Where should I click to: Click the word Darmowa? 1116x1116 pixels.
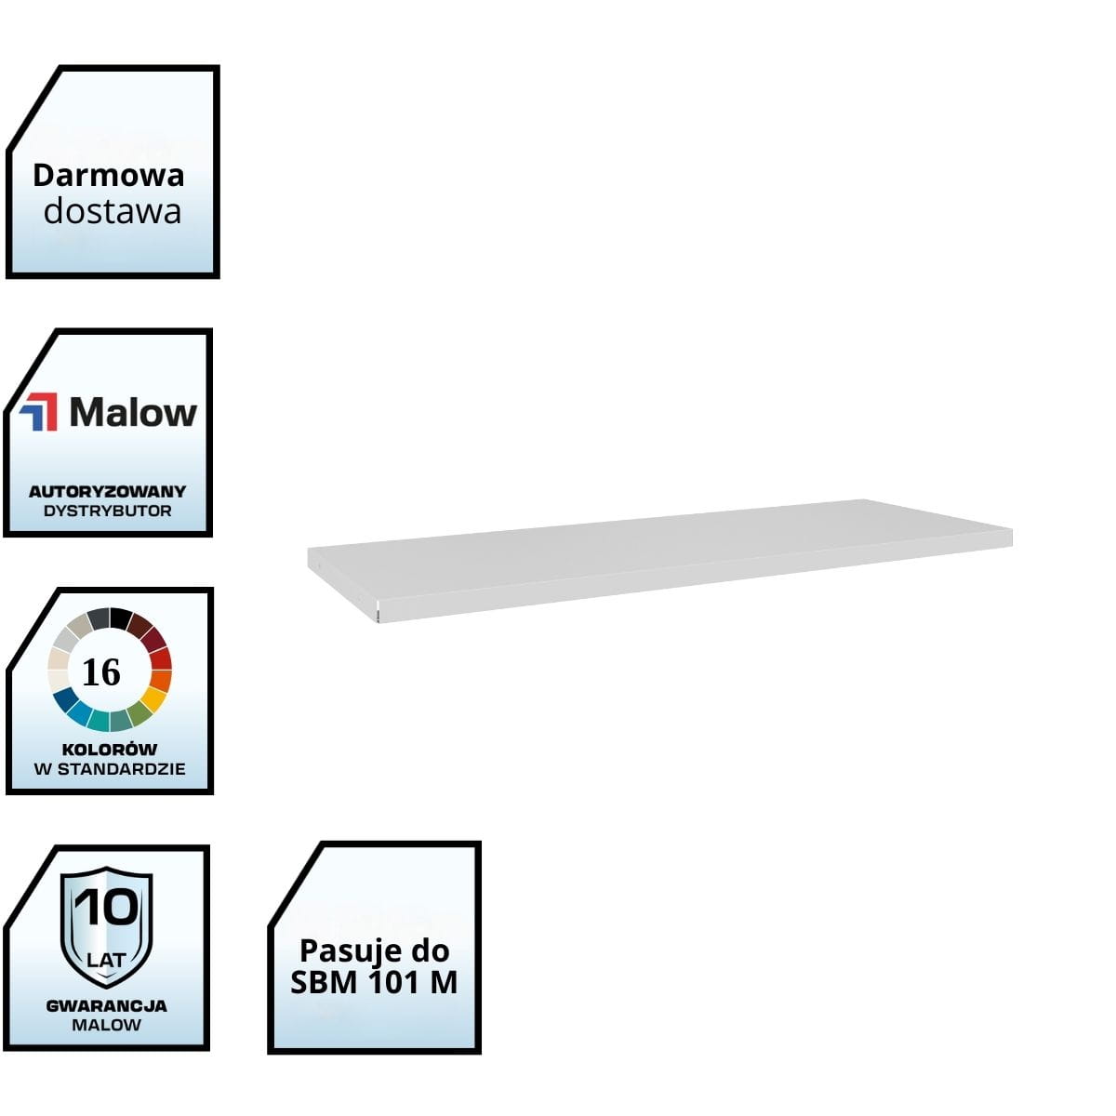click(x=108, y=175)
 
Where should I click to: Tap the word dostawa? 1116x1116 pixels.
click(x=112, y=211)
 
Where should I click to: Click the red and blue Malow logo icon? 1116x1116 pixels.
click(x=39, y=412)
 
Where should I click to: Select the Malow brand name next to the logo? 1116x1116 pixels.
click(x=133, y=412)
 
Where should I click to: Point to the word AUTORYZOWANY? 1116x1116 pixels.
click(x=107, y=491)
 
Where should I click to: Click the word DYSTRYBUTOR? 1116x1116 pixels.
click(x=107, y=511)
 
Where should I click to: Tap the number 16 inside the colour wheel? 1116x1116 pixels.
click(x=101, y=671)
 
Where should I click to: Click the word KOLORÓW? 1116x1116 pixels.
click(x=109, y=749)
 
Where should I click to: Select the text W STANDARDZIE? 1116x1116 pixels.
click(x=109, y=769)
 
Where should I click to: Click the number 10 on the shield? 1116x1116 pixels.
click(x=106, y=908)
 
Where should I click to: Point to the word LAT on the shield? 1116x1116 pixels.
click(x=105, y=959)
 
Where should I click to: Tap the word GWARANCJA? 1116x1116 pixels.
click(x=106, y=1005)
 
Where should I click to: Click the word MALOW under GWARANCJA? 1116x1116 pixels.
click(x=106, y=1025)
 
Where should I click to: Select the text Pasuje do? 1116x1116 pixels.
click(x=374, y=950)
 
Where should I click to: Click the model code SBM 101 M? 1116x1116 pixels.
click(x=374, y=983)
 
